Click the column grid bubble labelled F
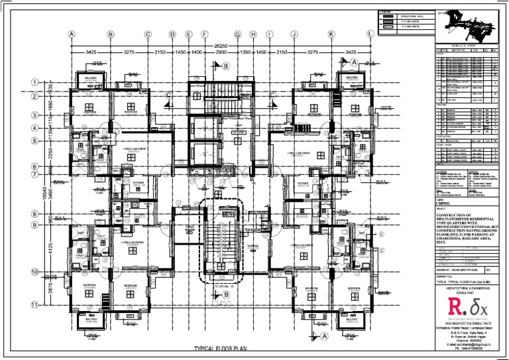[x=205, y=34]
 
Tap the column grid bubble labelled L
[x=369, y=34]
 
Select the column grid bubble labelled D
[x=172, y=34]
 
